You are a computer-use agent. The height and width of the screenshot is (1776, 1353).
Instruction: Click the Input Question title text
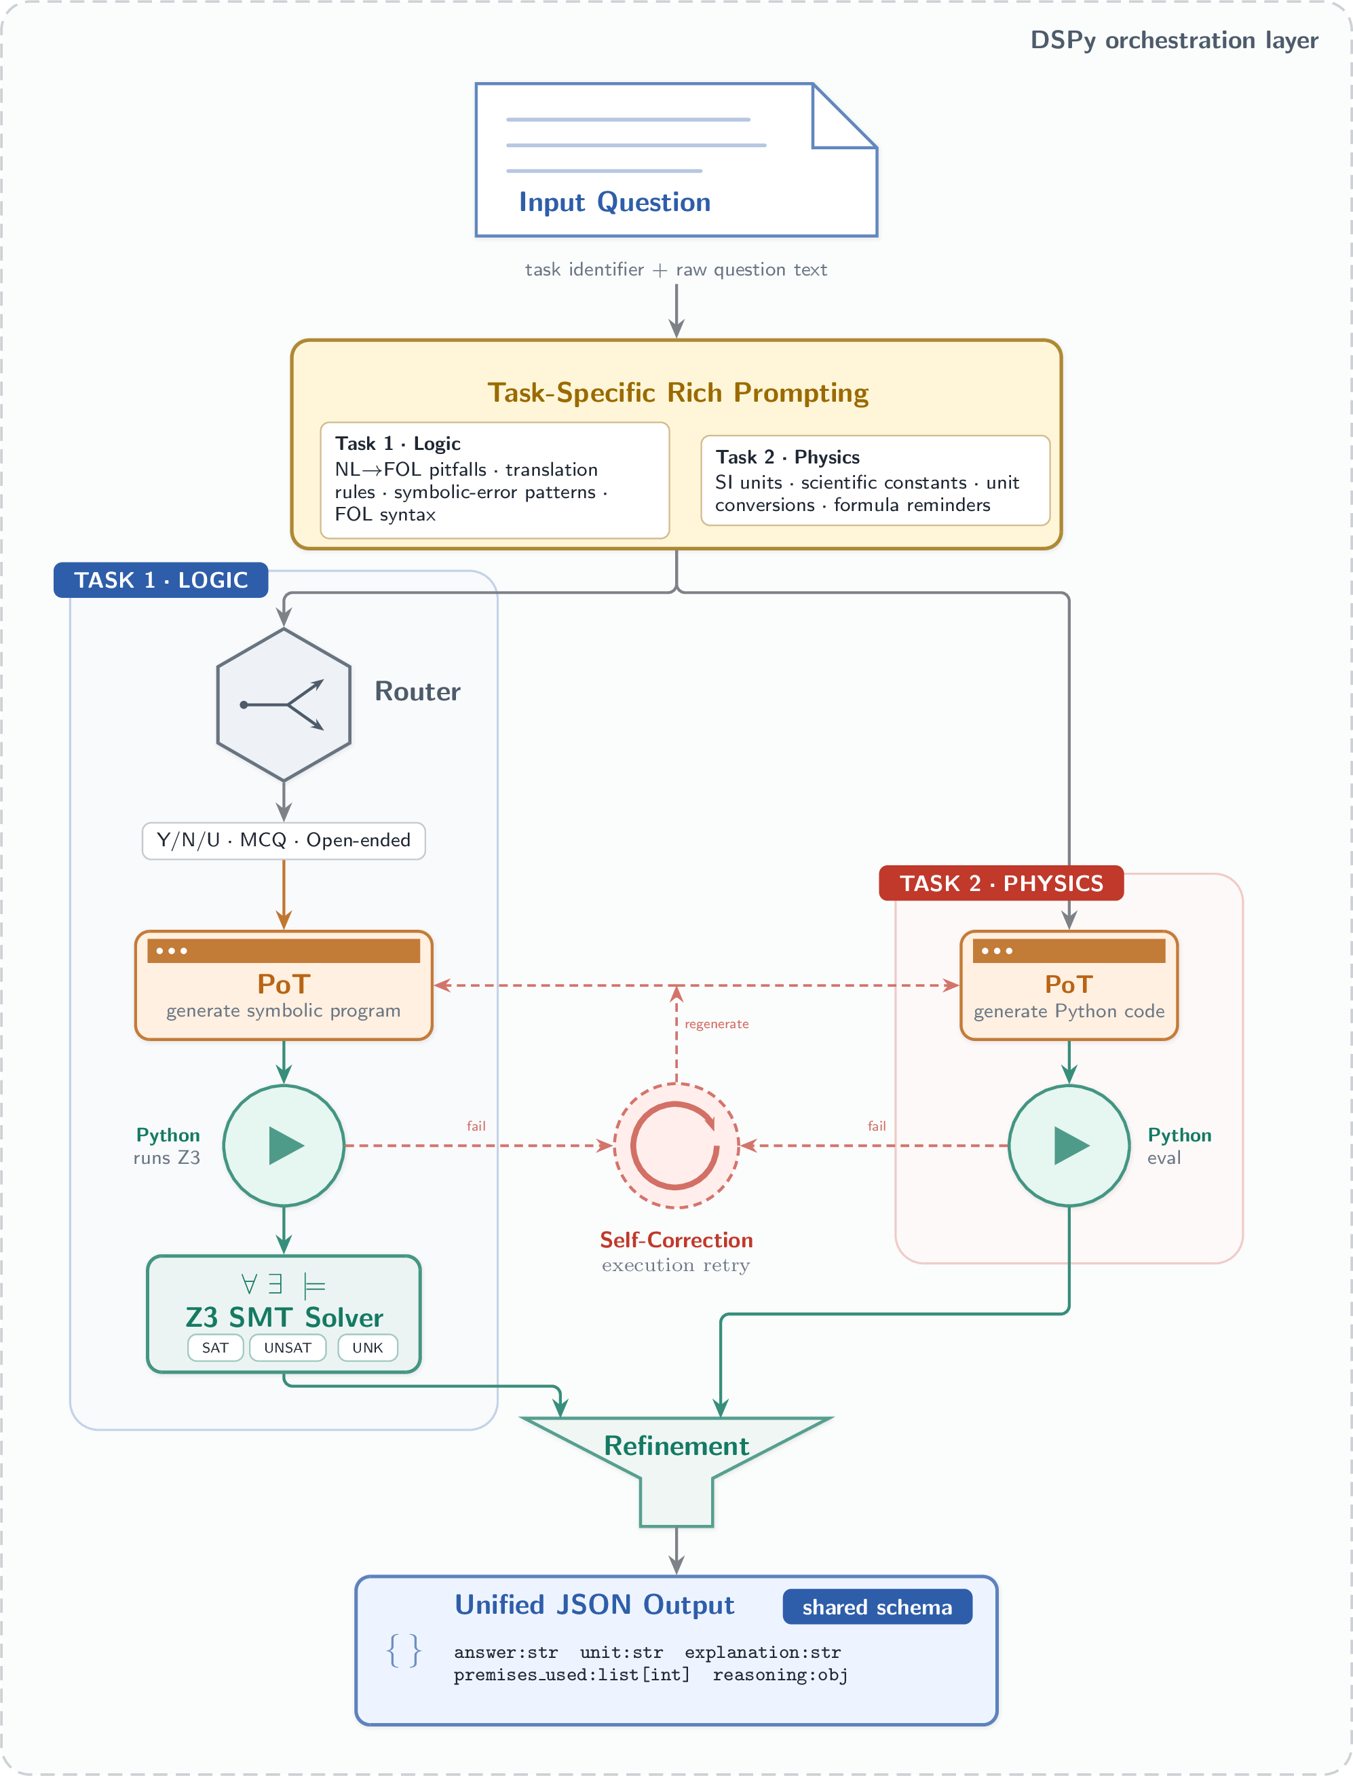tap(615, 202)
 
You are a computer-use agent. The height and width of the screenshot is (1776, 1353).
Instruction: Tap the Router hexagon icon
tap(284, 704)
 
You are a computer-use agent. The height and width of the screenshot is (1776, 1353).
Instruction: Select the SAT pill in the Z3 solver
tap(215, 1348)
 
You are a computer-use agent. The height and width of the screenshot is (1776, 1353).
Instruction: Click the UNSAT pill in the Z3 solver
tap(288, 1348)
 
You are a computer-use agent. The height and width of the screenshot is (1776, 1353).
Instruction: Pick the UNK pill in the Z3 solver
tap(367, 1348)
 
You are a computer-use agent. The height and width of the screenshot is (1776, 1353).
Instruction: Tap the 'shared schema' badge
tap(877, 1607)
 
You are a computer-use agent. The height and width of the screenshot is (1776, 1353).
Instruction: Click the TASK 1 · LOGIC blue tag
tap(161, 580)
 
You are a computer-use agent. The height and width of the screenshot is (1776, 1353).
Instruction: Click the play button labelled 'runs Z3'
tap(284, 1146)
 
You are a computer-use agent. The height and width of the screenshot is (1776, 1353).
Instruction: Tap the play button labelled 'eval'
tap(1069, 1146)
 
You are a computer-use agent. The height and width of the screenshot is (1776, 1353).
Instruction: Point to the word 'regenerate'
tap(717, 1023)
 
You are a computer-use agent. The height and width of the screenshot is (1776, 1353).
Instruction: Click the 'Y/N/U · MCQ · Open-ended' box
tap(284, 840)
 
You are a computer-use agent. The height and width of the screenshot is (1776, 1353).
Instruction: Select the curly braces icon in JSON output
tap(404, 1650)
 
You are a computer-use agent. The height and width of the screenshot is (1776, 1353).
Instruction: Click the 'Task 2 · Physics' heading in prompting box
tap(788, 457)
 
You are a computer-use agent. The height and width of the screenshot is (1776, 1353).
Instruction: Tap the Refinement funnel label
tap(676, 1446)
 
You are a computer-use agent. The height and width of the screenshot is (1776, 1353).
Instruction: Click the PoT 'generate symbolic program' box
tap(284, 985)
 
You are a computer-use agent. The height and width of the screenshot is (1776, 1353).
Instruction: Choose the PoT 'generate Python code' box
tap(1069, 985)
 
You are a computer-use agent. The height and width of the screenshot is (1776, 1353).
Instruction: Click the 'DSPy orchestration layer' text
tap(1175, 40)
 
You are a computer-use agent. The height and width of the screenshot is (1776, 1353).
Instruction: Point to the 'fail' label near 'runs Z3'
tap(476, 1126)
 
